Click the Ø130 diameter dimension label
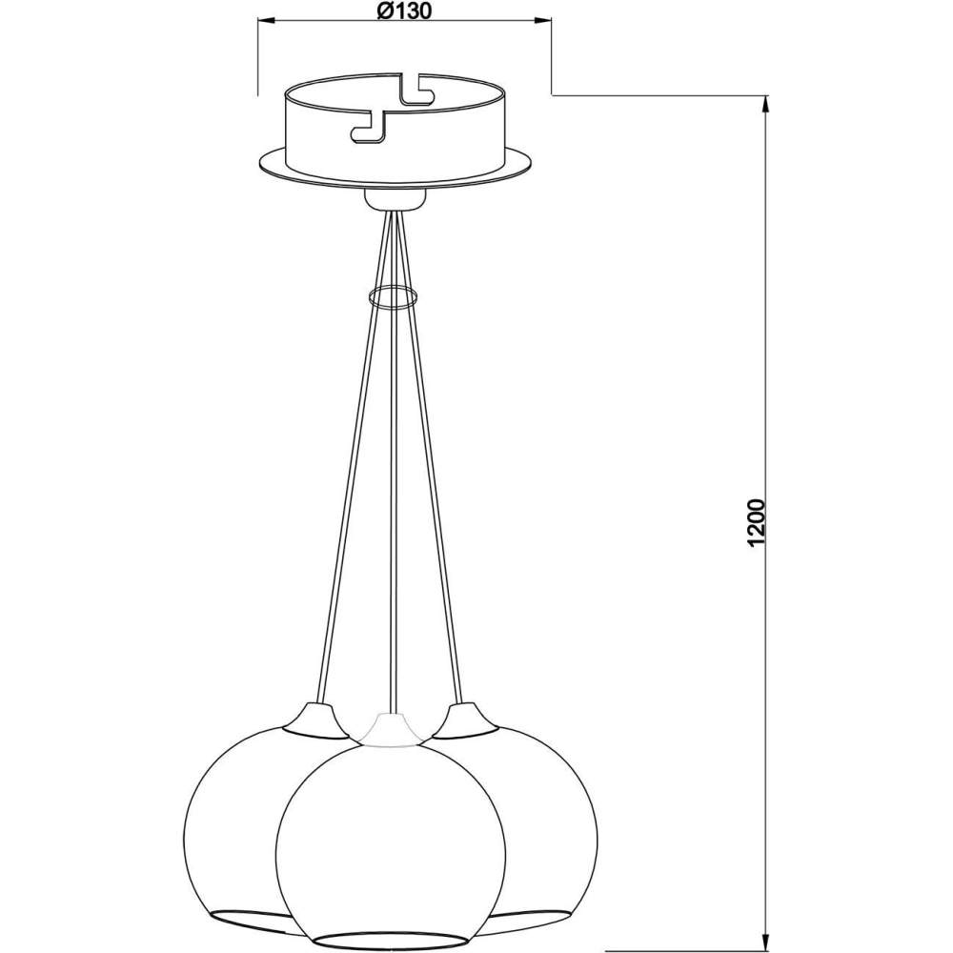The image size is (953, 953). coord(404,10)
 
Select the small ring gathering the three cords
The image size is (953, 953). coord(392,295)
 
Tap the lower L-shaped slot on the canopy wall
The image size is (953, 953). coord(369,128)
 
